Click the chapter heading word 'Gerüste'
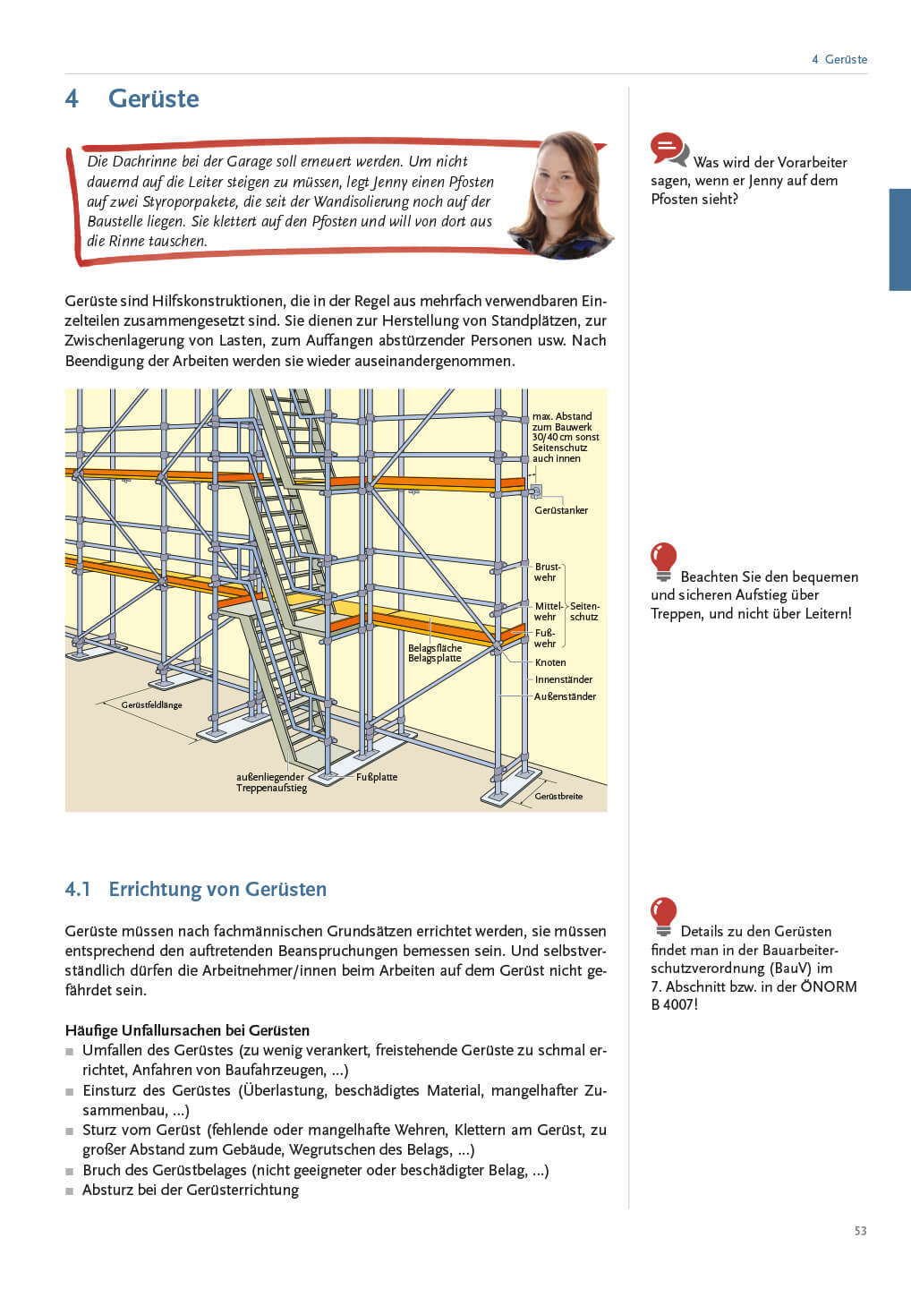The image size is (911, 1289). point(153,98)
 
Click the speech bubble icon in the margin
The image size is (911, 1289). point(668,149)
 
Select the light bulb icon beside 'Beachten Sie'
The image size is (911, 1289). point(663,561)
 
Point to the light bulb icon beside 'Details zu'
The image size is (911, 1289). point(663,916)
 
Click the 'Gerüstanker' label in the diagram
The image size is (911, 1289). point(561,510)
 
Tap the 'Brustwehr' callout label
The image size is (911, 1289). point(546,572)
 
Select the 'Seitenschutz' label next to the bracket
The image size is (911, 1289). point(584,611)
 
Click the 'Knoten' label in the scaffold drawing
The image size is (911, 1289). point(550,662)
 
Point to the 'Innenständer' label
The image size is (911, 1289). point(563,679)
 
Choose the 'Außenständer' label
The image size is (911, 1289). point(565,696)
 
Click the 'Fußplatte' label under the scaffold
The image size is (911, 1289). point(377,777)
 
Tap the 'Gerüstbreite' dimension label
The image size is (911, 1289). point(558,796)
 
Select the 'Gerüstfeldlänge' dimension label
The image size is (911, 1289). point(151,705)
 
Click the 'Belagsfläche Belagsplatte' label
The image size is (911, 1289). point(435,653)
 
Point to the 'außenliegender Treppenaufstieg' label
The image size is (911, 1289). point(271,782)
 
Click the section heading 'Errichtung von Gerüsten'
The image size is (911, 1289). point(217,889)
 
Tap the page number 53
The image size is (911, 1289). point(860,1231)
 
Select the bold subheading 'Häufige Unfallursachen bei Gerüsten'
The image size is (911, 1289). point(187,1030)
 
